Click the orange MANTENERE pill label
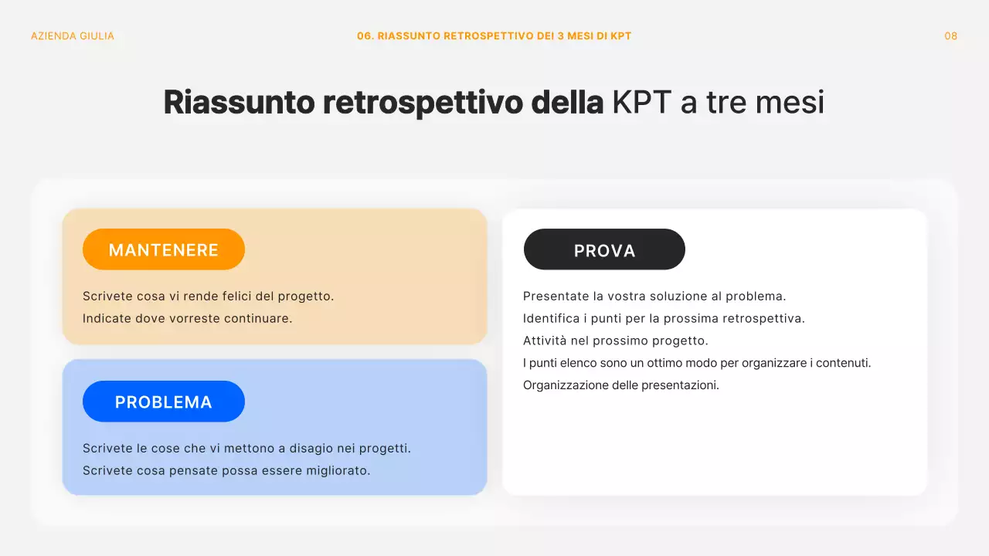tap(164, 249)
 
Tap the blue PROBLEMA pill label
tap(164, 402)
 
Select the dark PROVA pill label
tap(604, 250)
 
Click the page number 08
tap(950, 36)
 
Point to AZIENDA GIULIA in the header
tap(73, 36)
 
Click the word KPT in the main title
tap(641, 103)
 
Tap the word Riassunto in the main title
tap(240, 103)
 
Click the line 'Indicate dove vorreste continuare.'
tap(188, 318)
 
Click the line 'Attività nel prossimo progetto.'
tap(616, 341)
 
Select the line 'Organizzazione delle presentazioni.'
tap(621, 385)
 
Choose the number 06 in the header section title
tap(364, 36)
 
